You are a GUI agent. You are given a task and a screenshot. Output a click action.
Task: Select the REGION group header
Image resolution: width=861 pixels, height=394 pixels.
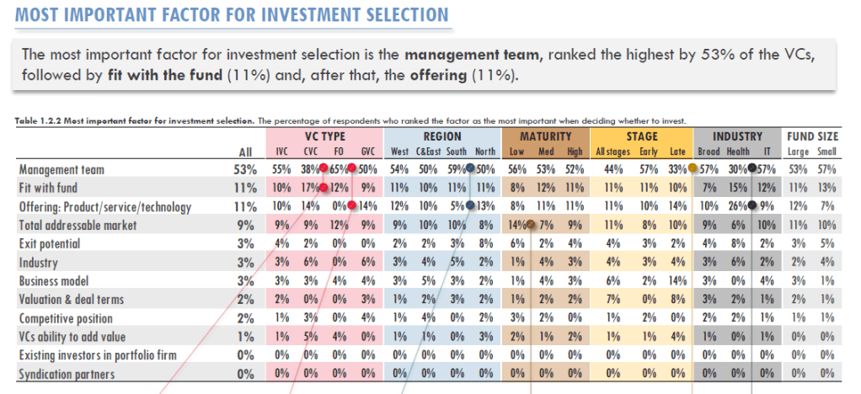442,136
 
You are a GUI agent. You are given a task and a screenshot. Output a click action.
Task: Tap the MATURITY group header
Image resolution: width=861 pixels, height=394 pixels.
545,136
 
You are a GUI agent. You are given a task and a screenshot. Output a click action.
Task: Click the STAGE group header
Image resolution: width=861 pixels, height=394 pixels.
642,136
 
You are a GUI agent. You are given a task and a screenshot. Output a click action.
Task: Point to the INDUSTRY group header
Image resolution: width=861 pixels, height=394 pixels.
737,136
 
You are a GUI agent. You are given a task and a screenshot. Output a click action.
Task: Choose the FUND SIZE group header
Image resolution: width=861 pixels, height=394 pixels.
813,136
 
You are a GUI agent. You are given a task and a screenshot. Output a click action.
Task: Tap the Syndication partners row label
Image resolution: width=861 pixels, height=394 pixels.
67,373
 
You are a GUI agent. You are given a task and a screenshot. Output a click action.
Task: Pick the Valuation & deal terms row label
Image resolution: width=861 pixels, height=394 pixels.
72,299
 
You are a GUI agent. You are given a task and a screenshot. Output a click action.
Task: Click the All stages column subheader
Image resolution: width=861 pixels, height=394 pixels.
612,152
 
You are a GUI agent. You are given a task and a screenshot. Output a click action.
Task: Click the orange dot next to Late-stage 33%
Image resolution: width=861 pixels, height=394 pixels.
692,168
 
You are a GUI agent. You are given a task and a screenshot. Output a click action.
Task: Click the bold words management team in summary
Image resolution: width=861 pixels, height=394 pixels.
470,56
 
